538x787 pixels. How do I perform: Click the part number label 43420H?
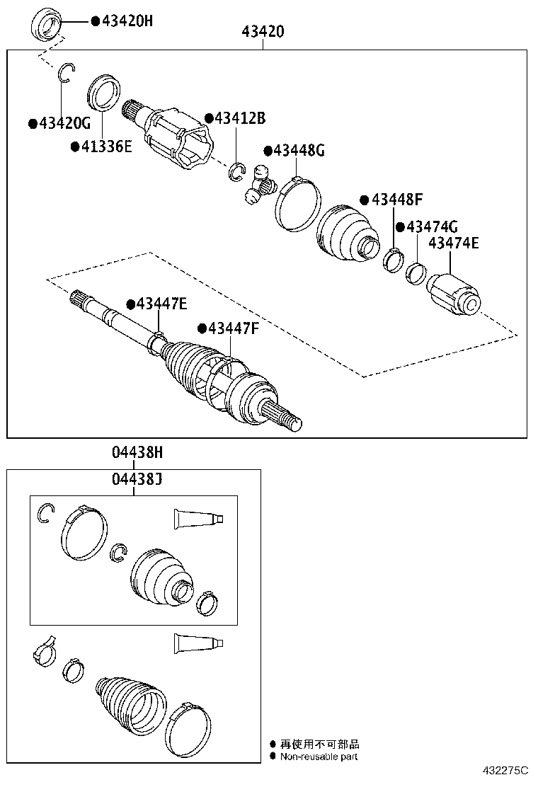tap(127, 21)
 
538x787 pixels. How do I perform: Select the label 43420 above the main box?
tap(263, 31)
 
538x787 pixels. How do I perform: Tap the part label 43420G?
tap(64, 124)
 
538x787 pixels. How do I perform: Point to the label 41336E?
tap(106, 147)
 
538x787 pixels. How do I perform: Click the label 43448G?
tap(299, 150)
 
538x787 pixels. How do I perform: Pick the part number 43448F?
tap(396, 200)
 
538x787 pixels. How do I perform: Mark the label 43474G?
tap(432, 226)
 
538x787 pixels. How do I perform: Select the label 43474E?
tap(453, 243)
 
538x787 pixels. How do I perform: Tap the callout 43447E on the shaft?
tap(161, 304)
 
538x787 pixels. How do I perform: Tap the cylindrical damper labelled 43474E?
tap(456, 294)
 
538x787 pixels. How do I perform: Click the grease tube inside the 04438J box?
tap(199, 519)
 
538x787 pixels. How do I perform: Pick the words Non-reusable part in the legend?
tap(319, 757)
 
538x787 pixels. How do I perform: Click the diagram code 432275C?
tap(506, 771)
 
